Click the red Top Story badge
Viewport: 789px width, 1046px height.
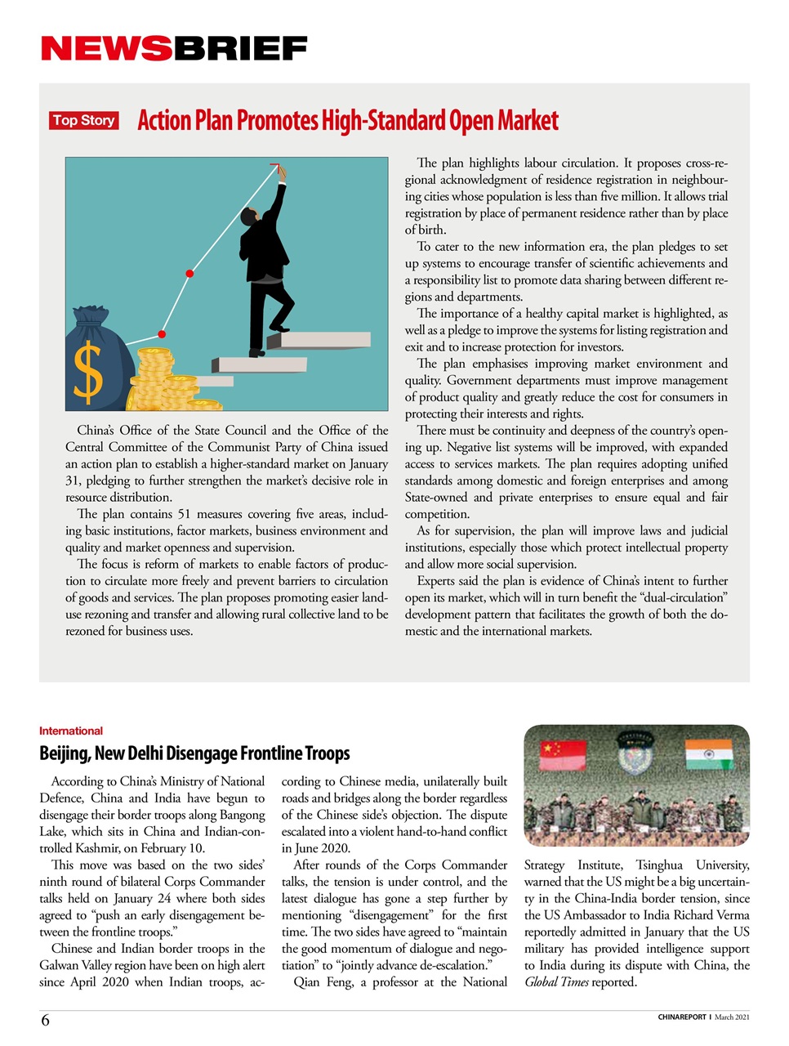click(x=83, y=121)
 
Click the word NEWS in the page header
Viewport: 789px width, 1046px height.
click(x=106, y=49)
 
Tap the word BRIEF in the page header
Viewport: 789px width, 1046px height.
click(x=240, y=49)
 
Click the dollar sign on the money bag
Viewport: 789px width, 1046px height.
click(x=88, y=369)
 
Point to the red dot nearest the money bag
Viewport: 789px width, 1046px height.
click(x=162, y=334)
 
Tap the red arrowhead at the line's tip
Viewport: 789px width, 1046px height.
click(x=275, y=168)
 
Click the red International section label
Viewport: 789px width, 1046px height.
click(x=71, y=731)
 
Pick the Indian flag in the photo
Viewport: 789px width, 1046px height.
click(x=708, y=753)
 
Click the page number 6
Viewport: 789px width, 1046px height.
click(x=45, y=1020)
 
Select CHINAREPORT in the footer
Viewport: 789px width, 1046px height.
click(x=682, y=1017)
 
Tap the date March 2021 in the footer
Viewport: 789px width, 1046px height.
click(x=732, y=1017)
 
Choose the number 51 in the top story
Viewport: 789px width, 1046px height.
click(x=184, y=514)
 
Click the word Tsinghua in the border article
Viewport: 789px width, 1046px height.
click(x=659, y=865)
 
